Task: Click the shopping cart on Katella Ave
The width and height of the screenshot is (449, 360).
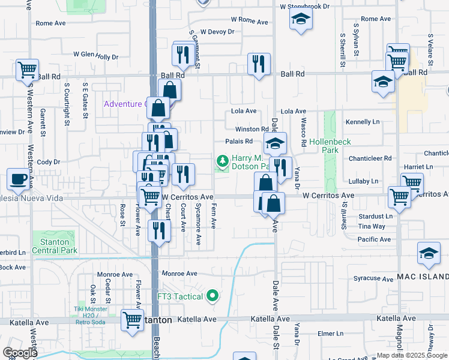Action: [x=132, y=320]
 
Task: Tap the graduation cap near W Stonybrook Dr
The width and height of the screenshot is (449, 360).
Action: [x=301, y=20]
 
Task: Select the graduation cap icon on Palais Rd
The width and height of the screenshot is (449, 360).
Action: [x=276, y=143]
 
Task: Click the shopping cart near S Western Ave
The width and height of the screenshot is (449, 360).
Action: [x=27, y=70]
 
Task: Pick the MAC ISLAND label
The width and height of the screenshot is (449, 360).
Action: [x=422, y=277]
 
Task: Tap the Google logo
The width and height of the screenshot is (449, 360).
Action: [x=20, y=352]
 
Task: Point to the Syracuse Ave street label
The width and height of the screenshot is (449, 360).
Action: [x=373, y=278]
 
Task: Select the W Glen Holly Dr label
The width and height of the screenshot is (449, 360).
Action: [x=96, y=55]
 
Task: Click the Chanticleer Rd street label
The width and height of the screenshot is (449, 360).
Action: [x=370, y=158]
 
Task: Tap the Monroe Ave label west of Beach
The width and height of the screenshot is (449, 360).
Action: [x=110, y=274]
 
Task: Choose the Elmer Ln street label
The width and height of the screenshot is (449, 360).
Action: [x=330, y=334]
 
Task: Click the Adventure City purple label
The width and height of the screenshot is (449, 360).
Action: [x=125, y=104]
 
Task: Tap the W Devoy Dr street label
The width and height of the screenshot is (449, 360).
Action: [x=217, y=32]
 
